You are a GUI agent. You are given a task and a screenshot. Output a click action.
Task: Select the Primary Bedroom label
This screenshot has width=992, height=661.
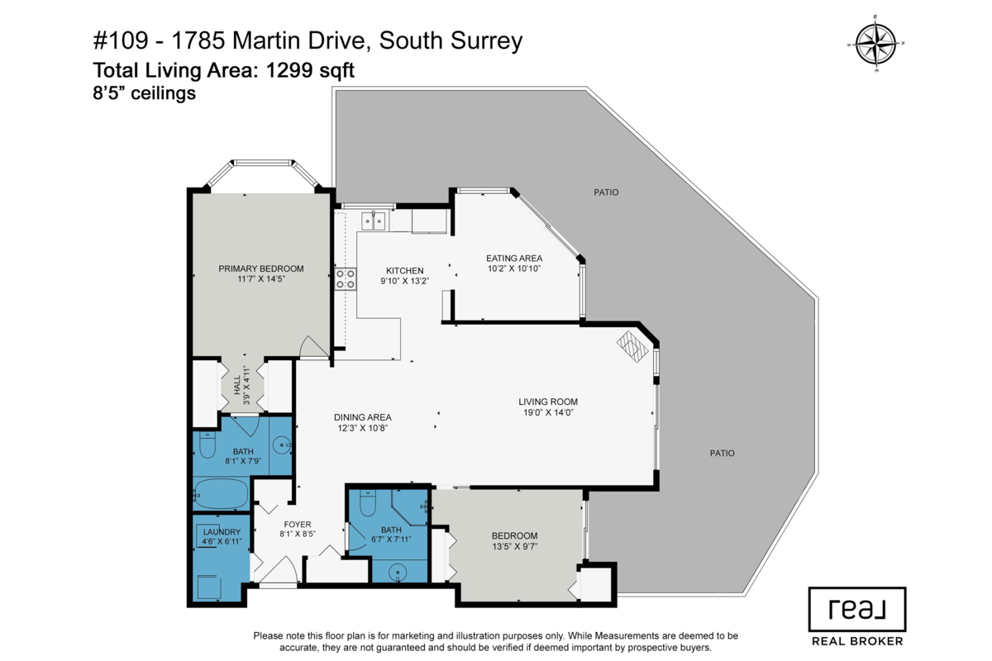(260, 269)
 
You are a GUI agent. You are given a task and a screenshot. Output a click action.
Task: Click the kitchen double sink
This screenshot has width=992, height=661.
(372, 221)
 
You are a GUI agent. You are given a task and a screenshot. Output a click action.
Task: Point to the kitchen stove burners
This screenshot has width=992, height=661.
(345, 278)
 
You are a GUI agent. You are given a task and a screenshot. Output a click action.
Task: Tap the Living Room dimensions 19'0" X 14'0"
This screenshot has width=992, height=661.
(548, 412)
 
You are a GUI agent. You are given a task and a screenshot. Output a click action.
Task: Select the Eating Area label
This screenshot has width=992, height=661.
(513, 259)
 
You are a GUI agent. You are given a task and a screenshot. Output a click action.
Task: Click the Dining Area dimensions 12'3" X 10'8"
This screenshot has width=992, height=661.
(362, 428)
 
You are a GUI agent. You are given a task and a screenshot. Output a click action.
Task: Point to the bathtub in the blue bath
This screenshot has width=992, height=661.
(221, 495)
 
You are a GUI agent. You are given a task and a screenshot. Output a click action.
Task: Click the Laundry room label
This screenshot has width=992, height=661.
(221, 532)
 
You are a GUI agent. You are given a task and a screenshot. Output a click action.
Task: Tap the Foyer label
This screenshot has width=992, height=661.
(298, 524)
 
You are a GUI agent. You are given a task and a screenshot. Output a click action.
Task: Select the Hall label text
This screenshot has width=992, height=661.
(236, 384)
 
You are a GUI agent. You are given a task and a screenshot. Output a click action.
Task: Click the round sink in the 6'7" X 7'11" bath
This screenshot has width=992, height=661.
(400, 573)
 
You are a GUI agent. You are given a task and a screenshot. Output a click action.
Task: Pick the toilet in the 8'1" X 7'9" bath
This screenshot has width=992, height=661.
(207, 447)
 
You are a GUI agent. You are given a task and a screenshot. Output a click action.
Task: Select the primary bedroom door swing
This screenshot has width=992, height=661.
(312, 348)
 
